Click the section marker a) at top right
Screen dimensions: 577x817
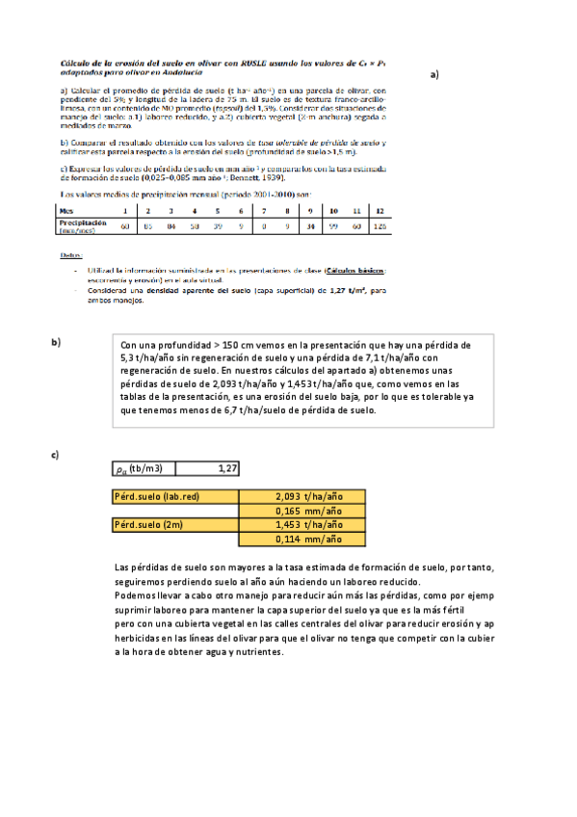point(434,73)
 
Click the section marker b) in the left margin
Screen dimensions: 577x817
point(56,343)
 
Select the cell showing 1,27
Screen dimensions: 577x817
point(208,468)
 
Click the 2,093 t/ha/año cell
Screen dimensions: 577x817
point(303,497)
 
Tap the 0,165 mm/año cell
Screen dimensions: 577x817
point(303,512)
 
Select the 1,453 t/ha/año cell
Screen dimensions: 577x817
point(303,525)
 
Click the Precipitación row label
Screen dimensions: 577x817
point(81,223)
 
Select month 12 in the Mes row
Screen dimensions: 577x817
point(380,210)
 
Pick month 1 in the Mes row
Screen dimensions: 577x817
point(124,210)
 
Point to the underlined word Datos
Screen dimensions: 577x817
point(70,255)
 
